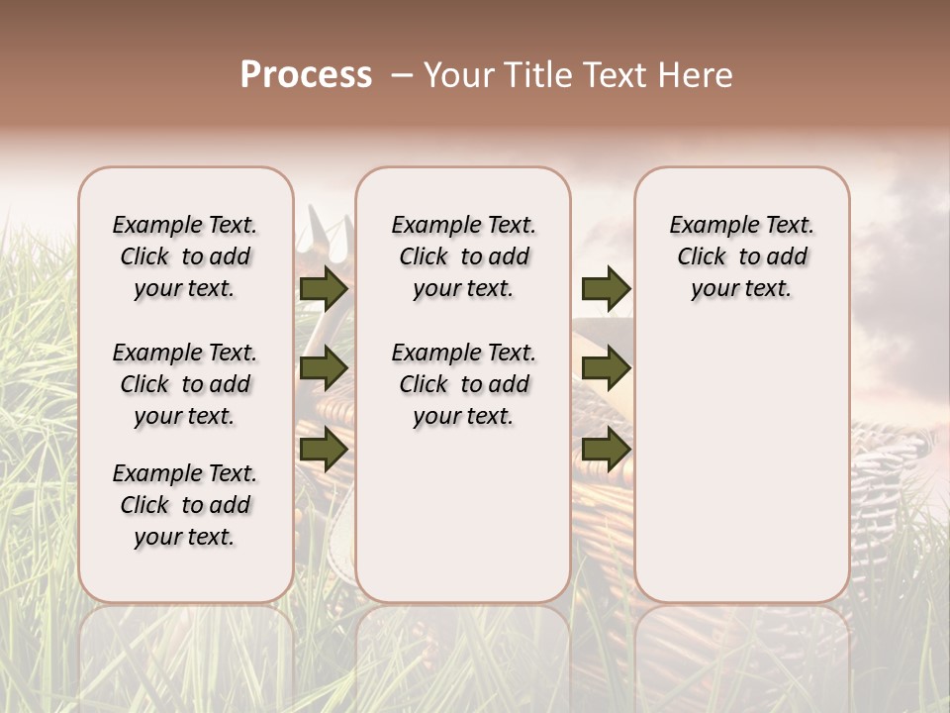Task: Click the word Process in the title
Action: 306,75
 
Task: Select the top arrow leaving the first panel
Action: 323,289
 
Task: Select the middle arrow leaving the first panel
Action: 323,369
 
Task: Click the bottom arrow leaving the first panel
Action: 323,449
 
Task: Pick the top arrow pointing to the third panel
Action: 605,289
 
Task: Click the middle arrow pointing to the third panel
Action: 605,369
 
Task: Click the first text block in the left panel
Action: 185,256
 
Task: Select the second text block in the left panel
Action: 185,384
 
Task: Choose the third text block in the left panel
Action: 185,505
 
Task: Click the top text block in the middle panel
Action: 463,256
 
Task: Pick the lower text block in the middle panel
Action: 463,384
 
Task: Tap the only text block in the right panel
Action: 741,256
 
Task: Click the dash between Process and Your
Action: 402,75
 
